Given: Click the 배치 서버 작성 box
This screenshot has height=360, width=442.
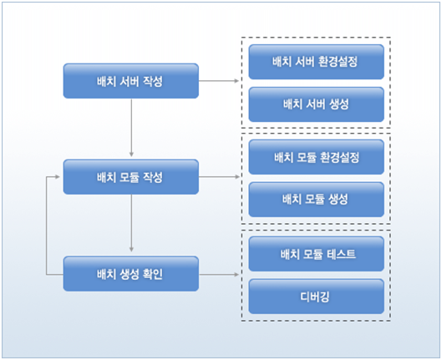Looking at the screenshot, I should pyautogui.click(x=131, y=81).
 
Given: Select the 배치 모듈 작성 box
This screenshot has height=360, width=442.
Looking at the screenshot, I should pyautogui.click(x=131, y=177).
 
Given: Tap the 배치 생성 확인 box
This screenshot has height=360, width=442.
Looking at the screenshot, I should pyautogui.click(x=131, y=273).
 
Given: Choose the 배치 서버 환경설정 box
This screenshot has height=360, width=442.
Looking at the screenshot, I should pyautogui.click(x=316, y=62).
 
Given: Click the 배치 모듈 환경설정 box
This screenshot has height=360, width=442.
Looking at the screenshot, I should pyautogui.click(x=316, y=157).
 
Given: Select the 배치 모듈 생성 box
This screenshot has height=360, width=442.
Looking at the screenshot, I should pyautogui.click(x=316, y=199).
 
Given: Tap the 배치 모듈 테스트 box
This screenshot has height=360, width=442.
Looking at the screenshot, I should pyautogui.click(x=316, y=253).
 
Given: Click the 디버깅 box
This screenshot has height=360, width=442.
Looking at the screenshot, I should pyautogui.click(x=316, y=295).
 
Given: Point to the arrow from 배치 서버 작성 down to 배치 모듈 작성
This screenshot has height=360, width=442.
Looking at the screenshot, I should pyautogui.click(x=131, y=129).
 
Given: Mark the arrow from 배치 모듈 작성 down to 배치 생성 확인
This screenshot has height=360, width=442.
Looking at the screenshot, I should pyautogui.click(x=131, y=225).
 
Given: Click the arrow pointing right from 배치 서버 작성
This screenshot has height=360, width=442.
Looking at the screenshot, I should pyautogui.click(x=221, y=81).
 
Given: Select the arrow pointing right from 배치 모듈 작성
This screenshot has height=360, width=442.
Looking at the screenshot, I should pyautogui.click(x=221, y=177).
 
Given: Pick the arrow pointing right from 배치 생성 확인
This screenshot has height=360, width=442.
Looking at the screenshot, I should pyautogui.click(x=221, y=273).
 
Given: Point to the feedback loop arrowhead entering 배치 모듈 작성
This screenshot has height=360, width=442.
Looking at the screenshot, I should pyautogui.click(x=59, y=177).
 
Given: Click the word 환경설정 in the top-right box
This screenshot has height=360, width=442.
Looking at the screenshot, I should pyautogui.click(x=341, y=62).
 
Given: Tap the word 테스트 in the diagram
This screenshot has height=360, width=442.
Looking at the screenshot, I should pyautogui.click(x=339, y=253).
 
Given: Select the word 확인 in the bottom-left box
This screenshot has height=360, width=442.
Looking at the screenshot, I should pyautogui.click(x=163, y=273).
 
